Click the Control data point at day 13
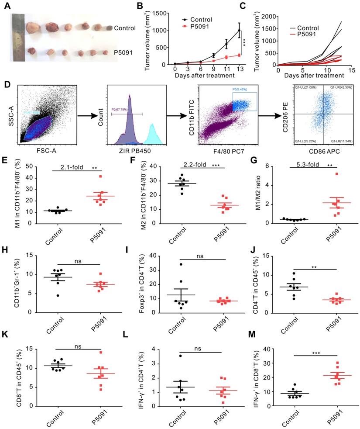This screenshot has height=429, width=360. coord(239,31)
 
